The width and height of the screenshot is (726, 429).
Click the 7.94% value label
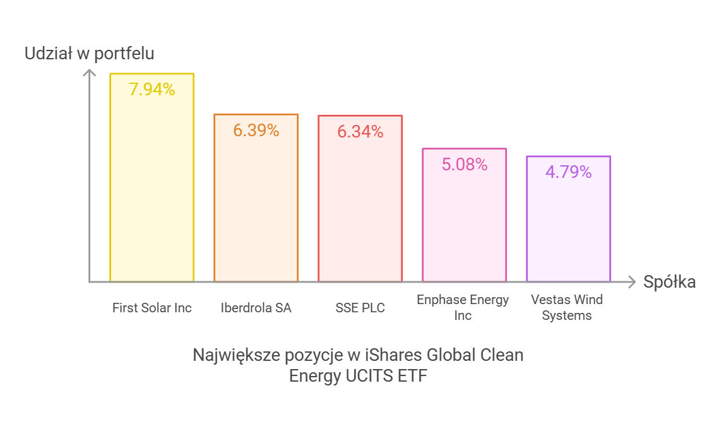(x=152, y=90)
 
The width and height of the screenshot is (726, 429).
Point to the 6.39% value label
(x=256, y=131)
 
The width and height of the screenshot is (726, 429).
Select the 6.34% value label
(x=360, y=132)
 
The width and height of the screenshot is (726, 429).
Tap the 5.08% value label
(x=464, y=165)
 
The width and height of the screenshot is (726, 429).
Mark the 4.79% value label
(x=568, y=172)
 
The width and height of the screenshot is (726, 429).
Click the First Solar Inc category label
(x=152, y=308)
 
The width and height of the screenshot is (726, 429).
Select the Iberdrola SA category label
(x=256, y=308)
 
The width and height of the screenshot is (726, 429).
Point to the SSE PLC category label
(x=360, y=308)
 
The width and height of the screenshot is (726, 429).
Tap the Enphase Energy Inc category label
(x=463, y=307)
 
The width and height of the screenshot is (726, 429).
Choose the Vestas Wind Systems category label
(x=567, y=307)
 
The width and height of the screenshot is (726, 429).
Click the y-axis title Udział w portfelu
(x=89, y=54)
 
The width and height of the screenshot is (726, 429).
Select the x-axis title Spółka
(x=669, y=282)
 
